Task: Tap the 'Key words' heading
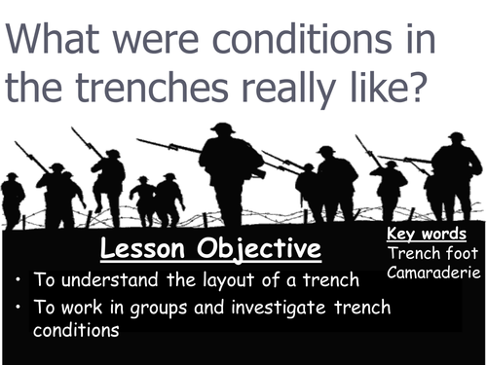pyautogui.click(x=427, y=235)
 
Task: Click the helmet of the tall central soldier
pyautogui.click(x=222, y=128)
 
